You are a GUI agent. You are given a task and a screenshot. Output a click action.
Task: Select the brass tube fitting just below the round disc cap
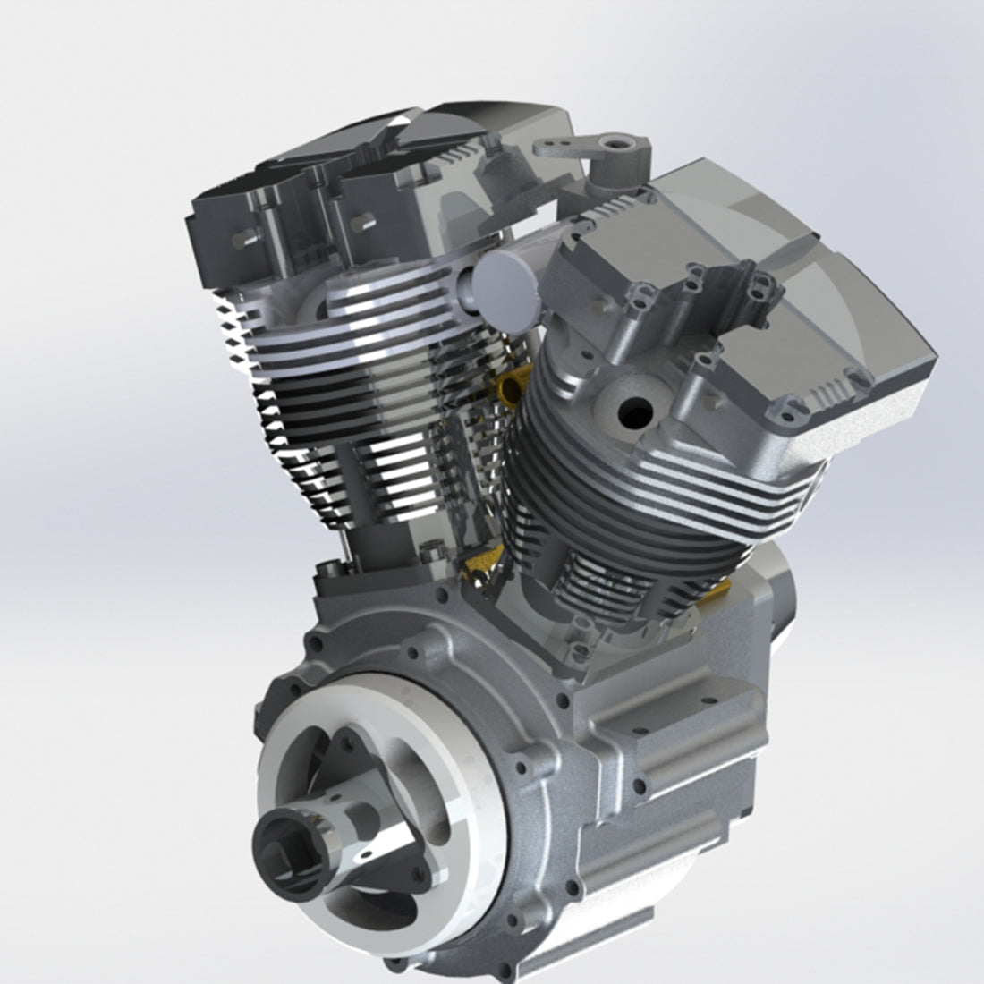514,386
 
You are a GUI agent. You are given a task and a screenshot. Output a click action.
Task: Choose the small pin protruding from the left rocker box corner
240,242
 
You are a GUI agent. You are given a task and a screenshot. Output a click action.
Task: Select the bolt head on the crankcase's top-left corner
333,565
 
